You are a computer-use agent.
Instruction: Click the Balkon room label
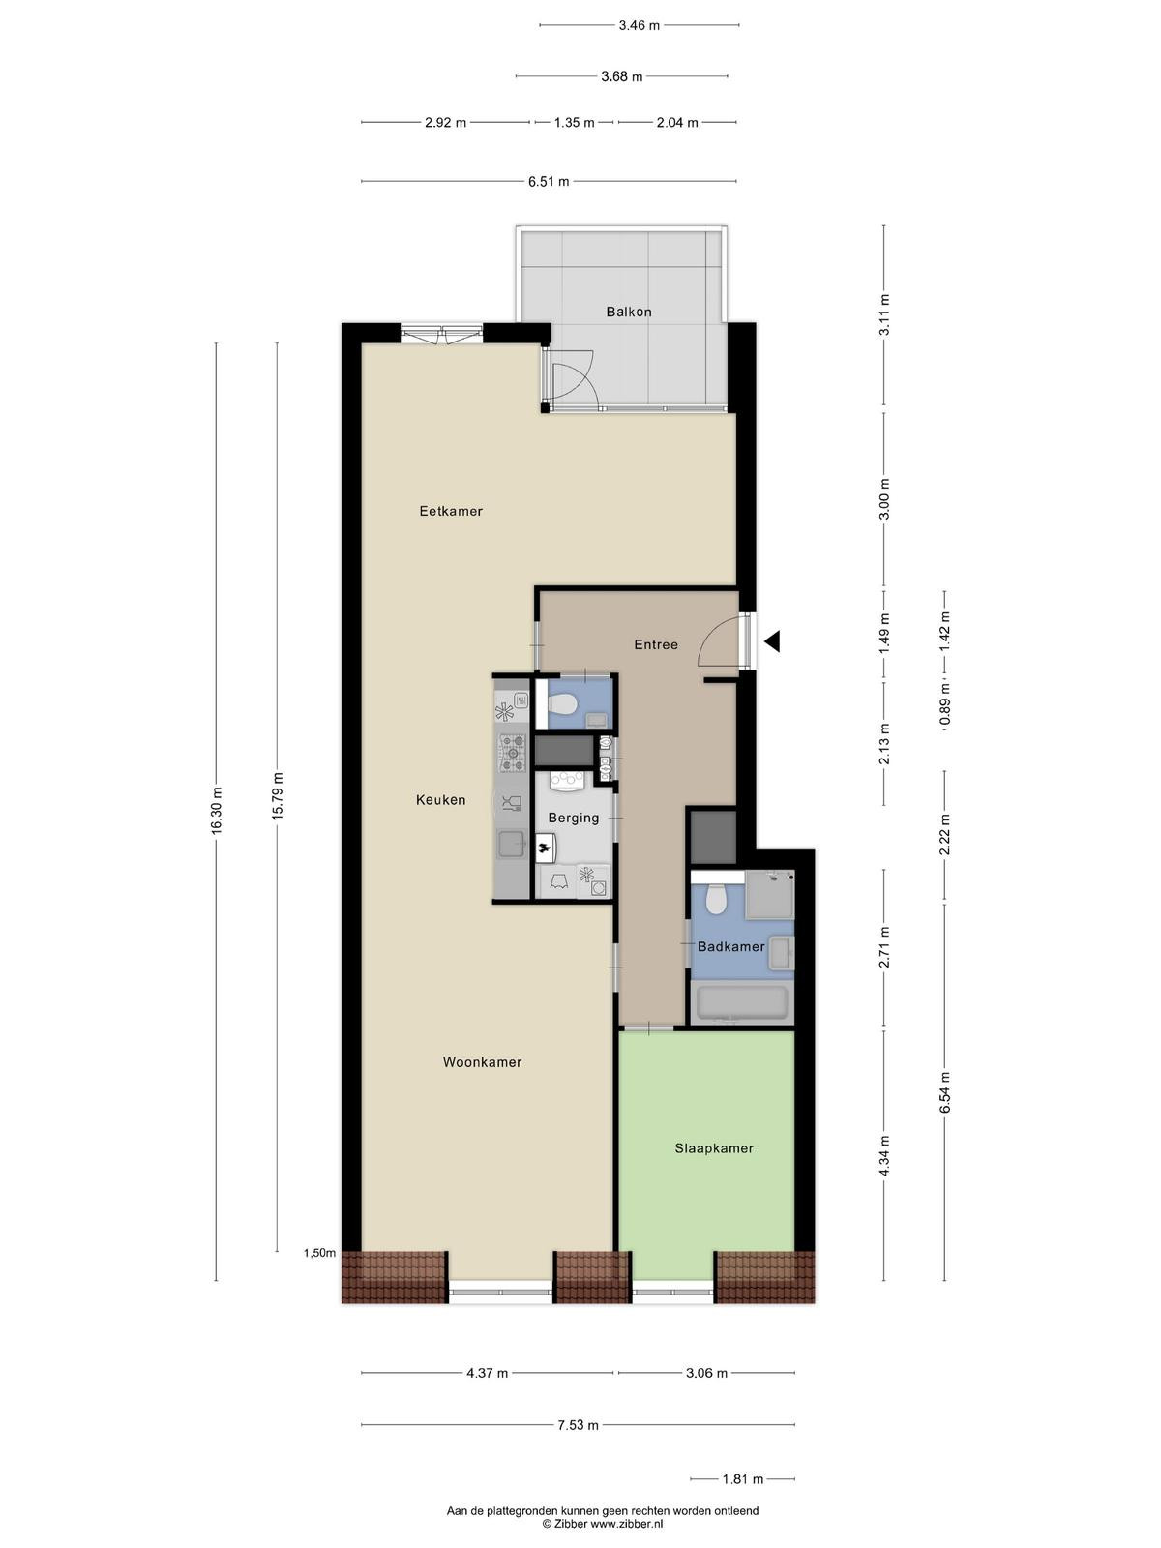[x=628, y=312]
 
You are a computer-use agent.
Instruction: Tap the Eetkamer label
[x=451, y=511]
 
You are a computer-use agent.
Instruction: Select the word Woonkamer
[x=482, y=1062]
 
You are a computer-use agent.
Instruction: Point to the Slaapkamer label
[x=714, y=1148]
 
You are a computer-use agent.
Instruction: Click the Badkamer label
[x=731, y=946]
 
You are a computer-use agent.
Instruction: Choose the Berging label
[x=574, y=818]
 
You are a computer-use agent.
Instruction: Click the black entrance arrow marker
[x=772, y=641]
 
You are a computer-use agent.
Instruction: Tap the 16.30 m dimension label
[x=217, y=811]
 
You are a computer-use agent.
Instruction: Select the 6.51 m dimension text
[x=549, y=181]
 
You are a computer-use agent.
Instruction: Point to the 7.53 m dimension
[x=578, y=1424]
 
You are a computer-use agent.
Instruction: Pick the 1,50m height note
[x=319, y=1253]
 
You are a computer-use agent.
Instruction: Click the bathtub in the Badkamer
[x=741, y=1003]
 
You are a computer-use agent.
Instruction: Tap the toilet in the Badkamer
[x=716, y=899]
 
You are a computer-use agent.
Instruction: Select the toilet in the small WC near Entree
[x=563, y=703]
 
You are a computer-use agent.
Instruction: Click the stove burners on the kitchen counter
[x=513, y=753]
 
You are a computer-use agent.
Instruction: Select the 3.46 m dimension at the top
[x=639, y=25]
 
